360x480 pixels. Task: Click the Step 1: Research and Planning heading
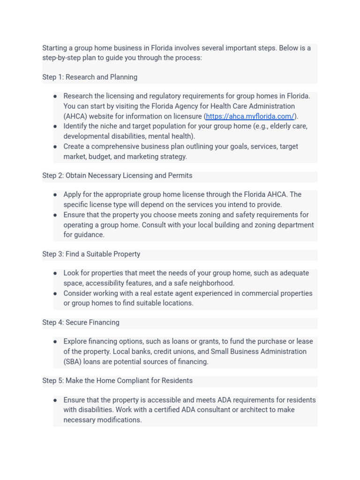click(x=90, y=77)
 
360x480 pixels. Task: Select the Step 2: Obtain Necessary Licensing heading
click(x=117, y=175)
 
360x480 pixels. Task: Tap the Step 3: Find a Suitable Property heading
click(x=91, y=254)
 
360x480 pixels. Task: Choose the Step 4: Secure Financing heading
click(x=81, y=322)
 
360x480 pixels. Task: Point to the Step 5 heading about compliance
click(x=117, y=381)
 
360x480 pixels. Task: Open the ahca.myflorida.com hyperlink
click(x=250, y=116)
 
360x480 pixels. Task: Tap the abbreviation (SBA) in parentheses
click(x=72, y=361)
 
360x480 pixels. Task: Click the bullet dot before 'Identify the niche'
click(x=55, y=126)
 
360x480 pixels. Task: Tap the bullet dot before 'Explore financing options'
click(x=55, y=341)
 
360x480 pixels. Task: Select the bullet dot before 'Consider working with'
click(x=55, y=293)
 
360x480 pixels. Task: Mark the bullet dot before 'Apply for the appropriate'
click(x=55, y=195)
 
